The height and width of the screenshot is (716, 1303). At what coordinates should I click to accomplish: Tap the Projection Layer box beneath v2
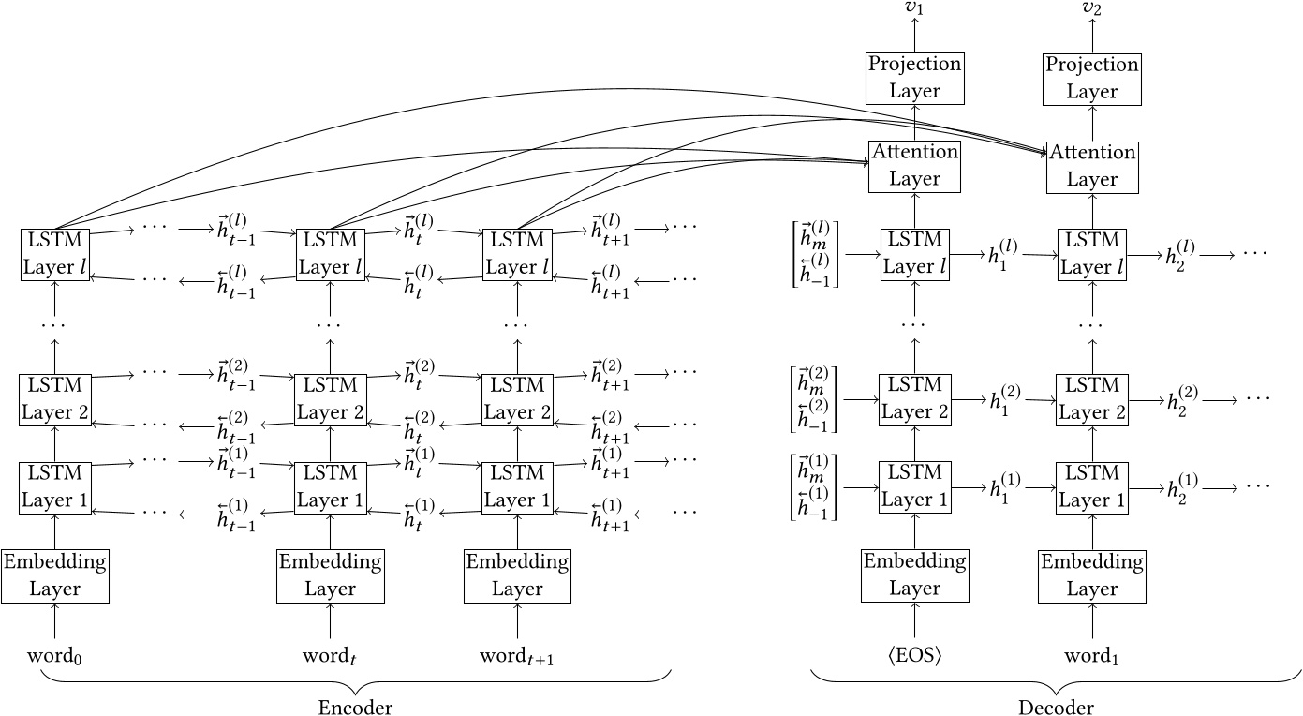click(1092, 78)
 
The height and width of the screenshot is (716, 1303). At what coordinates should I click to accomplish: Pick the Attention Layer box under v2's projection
click(1092, 166)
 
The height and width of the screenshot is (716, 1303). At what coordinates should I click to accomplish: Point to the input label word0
click(55, 653)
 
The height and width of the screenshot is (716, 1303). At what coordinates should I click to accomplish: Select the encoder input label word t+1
click(517, 653)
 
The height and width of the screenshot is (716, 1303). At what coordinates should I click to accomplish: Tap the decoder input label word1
click(1092, 653)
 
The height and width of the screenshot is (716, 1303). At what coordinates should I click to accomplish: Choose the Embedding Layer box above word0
click(55, 575)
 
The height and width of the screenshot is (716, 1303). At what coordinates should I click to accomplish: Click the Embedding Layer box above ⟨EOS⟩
click(915, 575)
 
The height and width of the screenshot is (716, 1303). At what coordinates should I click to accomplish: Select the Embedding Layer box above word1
click(1092, 575)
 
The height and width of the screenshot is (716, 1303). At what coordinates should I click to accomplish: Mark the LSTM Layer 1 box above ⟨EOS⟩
click(915, 487)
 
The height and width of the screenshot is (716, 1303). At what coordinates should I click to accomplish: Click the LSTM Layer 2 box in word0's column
click(55, 399)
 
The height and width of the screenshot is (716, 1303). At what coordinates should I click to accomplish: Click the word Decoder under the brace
click(1055, 706)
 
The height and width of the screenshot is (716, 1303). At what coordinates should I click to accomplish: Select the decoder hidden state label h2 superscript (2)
click(1180, 399)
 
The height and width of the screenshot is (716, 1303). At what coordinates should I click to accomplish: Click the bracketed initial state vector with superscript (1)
click(813, 487)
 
